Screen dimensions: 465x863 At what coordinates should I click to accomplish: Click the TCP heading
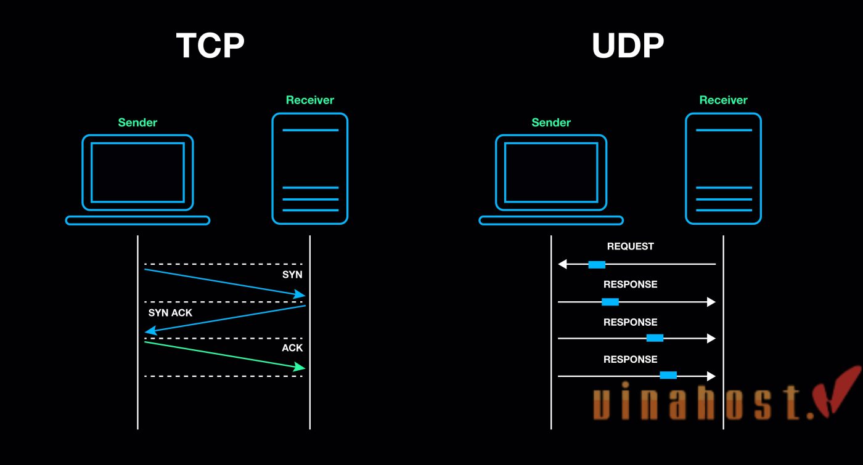coord(210,46)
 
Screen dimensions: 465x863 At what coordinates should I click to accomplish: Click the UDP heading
coord(628,46)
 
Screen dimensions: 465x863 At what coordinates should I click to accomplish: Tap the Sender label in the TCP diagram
coord(137,123)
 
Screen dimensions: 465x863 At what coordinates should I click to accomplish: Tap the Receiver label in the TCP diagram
coord(309,100)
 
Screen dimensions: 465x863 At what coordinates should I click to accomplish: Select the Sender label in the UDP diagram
coord(551,123)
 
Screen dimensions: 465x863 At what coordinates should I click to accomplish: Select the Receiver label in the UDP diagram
coord(723,100)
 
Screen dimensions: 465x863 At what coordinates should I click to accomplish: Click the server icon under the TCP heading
coord(310,168)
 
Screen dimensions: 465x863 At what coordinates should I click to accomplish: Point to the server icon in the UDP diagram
coord(724,168)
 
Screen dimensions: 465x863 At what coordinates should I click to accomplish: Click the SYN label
coord(292,275)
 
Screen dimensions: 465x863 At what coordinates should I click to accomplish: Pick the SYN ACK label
coord(170,313)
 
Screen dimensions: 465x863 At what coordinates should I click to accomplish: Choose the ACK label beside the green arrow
coord(292,348)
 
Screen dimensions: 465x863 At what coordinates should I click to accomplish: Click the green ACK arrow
coord(225,355)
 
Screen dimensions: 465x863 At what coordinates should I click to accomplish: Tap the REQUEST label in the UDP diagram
coord(630,246)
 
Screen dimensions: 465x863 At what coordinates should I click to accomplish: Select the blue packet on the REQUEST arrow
coord(597,264)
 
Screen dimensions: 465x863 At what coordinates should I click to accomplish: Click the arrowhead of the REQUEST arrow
coord(562,264)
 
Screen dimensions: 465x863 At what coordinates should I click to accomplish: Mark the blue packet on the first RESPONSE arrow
coord(610,302)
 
